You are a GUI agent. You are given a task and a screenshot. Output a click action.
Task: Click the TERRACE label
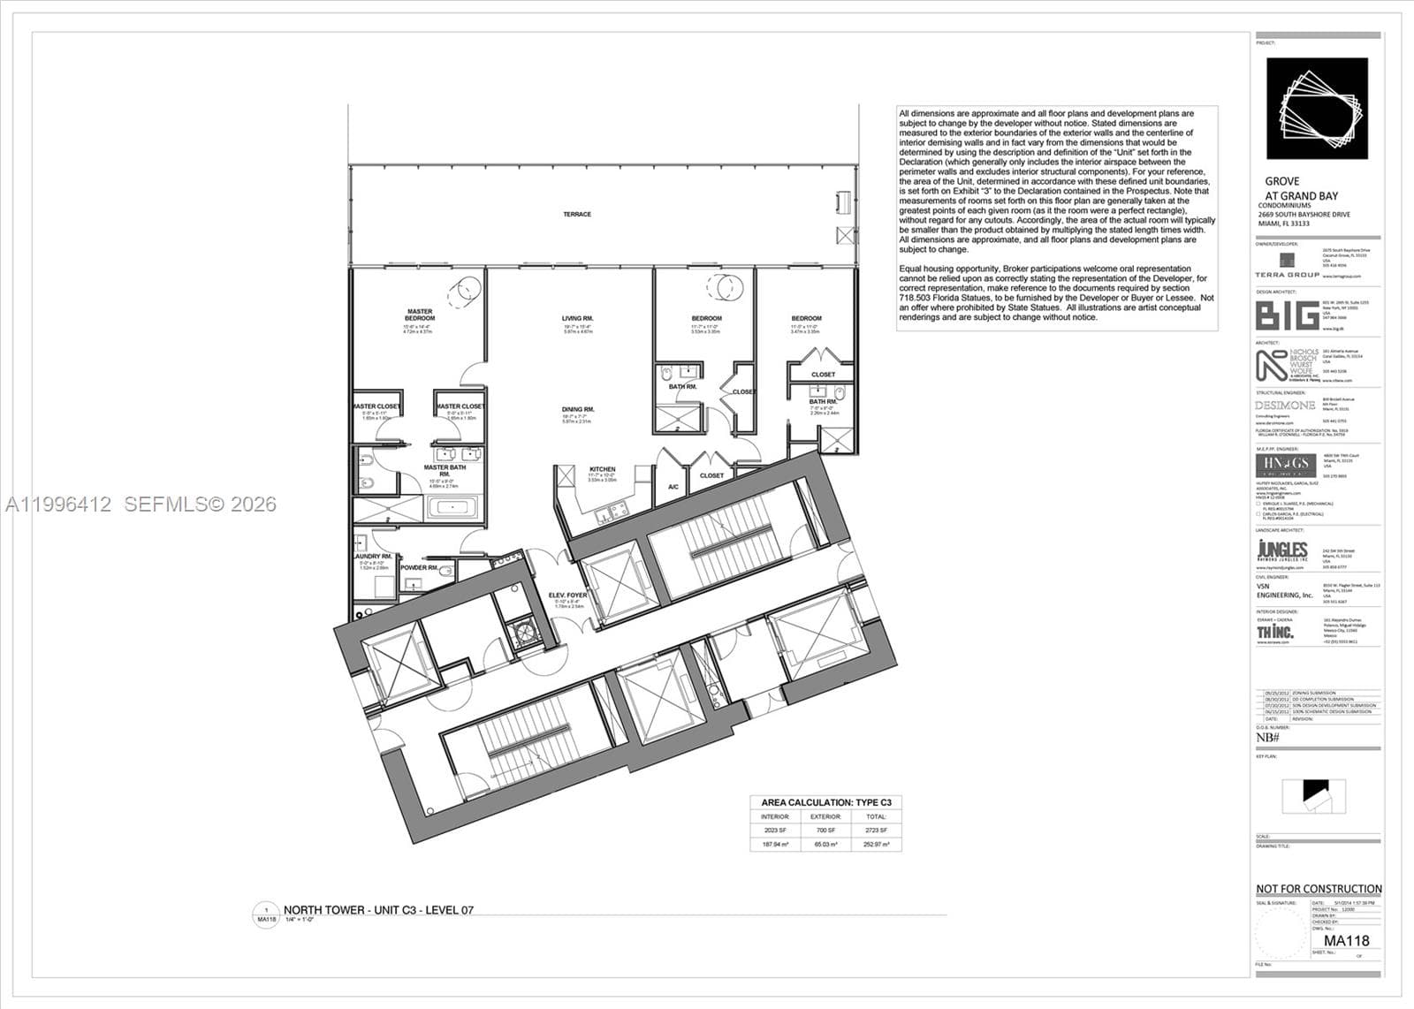[576, 215]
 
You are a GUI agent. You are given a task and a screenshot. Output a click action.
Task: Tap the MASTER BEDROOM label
[419, 315]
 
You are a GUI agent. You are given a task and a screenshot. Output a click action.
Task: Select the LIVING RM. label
[577, 318]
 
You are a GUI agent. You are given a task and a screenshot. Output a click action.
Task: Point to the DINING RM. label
[577, 409]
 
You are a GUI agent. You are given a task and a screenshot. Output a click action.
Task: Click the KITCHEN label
[602, 469]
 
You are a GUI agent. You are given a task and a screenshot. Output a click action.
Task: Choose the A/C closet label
[673, 487]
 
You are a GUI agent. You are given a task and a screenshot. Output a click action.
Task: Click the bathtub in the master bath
[452, 508]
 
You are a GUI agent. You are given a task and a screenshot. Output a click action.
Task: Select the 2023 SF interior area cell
[775, 831]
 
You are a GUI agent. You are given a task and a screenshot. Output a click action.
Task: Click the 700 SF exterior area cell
[825, 831]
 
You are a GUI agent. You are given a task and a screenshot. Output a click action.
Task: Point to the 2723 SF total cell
[876, 831]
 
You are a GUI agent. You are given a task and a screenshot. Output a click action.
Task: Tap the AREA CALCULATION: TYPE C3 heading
[825, 802]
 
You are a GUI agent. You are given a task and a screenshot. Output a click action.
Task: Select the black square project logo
[1317, 108]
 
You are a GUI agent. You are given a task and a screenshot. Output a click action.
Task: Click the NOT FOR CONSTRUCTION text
[1319, 889]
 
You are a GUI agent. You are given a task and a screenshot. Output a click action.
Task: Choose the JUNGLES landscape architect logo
[1281, 550]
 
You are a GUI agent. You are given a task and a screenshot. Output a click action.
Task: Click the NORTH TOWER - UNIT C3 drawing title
[378, 910]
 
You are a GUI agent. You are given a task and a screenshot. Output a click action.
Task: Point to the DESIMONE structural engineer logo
[1285, 406]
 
